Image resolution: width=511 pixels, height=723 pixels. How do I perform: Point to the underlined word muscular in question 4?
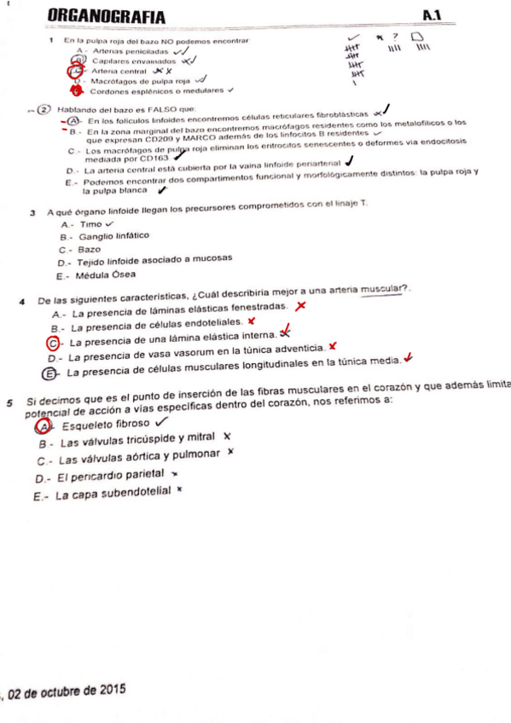click(384, 289)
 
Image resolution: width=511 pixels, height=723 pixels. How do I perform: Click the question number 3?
click(32, 211)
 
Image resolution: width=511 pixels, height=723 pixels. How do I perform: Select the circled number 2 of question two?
click(44, 110)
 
